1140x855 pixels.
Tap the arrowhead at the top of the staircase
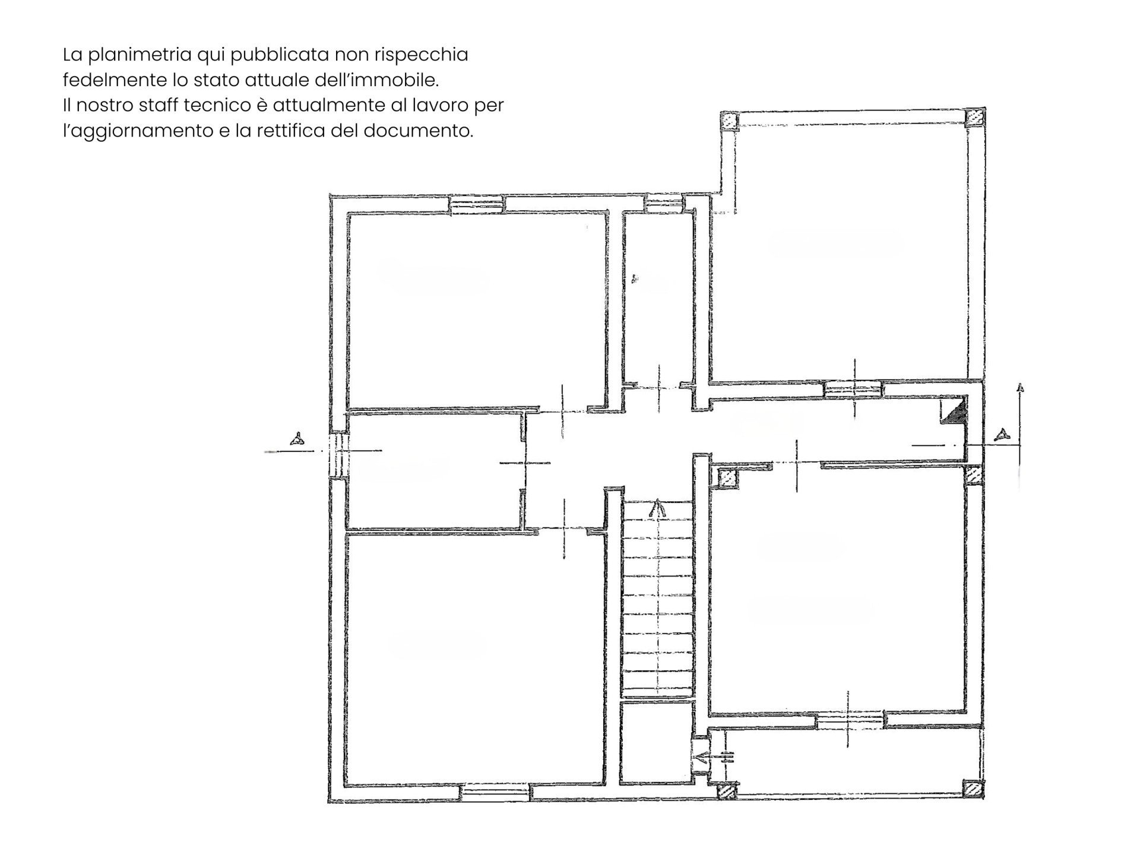[657, 508]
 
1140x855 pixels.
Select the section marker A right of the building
[1003, 434]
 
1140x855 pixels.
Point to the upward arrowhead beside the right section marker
[1020, 388]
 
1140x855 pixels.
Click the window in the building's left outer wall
[338, 454]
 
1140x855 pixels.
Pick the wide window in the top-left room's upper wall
[477, 205]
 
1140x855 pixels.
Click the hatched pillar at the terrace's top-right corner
[974, 118]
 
